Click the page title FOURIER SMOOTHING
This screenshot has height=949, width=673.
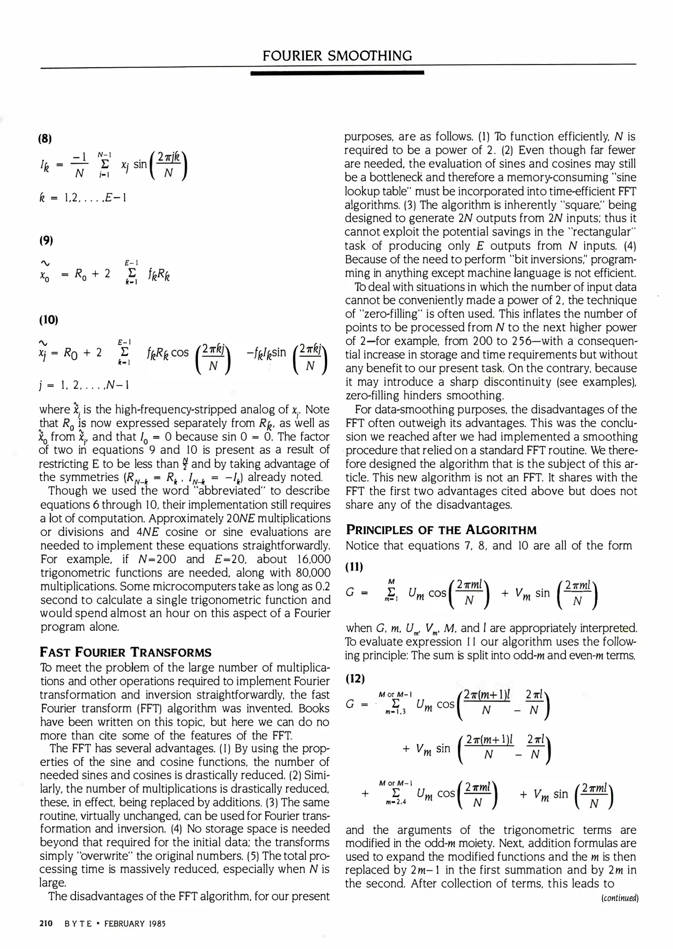pos(337,56)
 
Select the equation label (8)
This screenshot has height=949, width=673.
pos(46,139)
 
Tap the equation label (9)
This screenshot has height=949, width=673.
pos(46,240)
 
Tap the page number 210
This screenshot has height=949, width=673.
pos(46,923)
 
